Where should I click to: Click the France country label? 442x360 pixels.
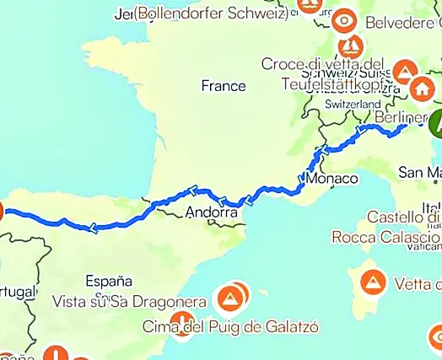click(x=224, y=86)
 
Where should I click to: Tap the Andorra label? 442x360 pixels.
click(x=209, y=213)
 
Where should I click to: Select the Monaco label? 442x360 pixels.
click(x=327, y=180)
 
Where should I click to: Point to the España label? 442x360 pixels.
click(x=109, y=281)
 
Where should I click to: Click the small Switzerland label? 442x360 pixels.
click(x=353, y=104)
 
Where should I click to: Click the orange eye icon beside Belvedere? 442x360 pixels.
click(x=345, y=19)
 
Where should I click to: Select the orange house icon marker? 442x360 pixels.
click(x=422, y=88)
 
